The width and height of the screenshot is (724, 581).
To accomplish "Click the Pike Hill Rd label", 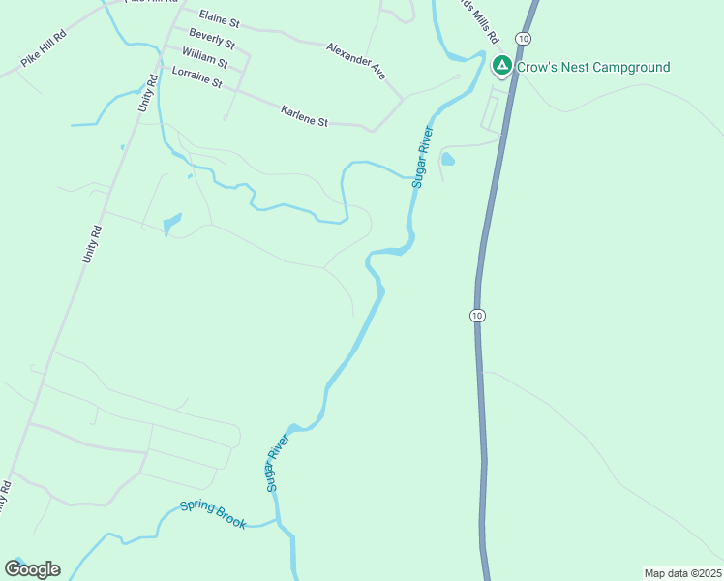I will pyautogui.click(x=44, y=50).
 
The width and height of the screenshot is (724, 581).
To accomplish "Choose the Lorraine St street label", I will pyautogui.click(x=197, y=77).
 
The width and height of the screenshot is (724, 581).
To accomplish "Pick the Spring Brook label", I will pyautogui.click(x=213, y=514).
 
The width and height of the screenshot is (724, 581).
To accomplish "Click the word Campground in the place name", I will pyautogui.click(x=620, y=67).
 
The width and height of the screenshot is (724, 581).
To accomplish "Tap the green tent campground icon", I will pyautogui.click(x=501, y=66).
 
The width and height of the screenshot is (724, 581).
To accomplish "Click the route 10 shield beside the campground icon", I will pyautogui.click(x=523, y=38).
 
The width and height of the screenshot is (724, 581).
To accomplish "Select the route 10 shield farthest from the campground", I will pyautogui.click(x=477, y=316).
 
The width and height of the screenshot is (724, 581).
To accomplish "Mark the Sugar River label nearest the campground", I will pyautogui.click(x=421, y=155).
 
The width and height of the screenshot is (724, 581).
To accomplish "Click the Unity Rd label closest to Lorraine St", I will pyautogui.click(x=147, y=93).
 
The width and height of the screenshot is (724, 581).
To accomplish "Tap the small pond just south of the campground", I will pyautogui.click(x=447, y=158).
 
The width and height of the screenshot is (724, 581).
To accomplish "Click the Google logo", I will pyautogui.click(x=32, y=569).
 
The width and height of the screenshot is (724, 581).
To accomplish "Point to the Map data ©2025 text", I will pyautogui.click(x=682, y=573).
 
